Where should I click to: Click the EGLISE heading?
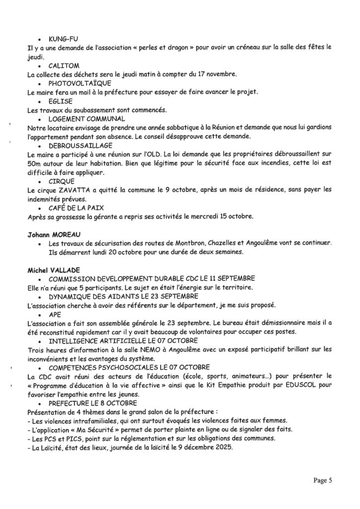click(61, 101)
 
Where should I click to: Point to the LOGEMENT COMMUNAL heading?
click(87, 119)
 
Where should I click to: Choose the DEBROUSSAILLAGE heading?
click(81, 146)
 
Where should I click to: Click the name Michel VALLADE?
click(54, 269)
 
